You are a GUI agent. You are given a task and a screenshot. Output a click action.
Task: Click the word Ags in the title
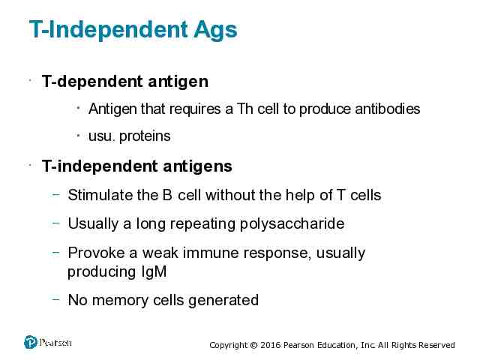point(215,30)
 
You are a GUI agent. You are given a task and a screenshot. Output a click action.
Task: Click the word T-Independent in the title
point(108,30)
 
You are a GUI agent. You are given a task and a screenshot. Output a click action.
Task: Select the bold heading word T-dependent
point(92,82)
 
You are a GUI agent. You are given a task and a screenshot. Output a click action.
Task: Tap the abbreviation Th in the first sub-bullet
point(244,109)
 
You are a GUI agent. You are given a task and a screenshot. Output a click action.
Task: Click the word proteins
point(145,136)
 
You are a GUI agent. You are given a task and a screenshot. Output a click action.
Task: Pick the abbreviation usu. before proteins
point(102,136)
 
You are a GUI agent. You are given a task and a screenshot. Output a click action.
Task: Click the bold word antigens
point(197,166)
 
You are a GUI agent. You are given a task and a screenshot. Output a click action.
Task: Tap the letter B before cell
point(167,195)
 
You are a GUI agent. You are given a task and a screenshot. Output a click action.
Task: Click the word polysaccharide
point(292,223)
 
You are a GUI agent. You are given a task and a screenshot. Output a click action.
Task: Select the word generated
point(223,300)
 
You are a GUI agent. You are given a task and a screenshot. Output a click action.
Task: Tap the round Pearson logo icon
point(31,342)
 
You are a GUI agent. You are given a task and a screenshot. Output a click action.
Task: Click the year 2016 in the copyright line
point(271,345)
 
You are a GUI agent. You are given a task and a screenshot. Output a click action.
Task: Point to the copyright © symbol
point(253,345)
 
